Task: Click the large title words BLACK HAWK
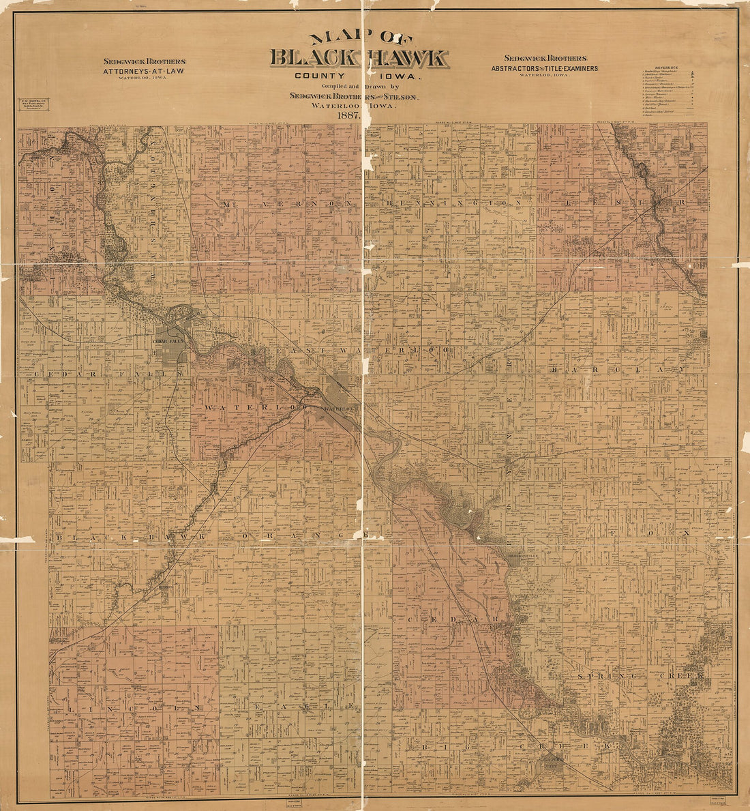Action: tap(359, 59)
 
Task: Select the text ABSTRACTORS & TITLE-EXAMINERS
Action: tap(544, 68)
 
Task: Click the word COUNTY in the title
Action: tap(322, 77)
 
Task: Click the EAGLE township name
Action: tap(314, 707)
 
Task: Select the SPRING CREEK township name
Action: tap(642, 675)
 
